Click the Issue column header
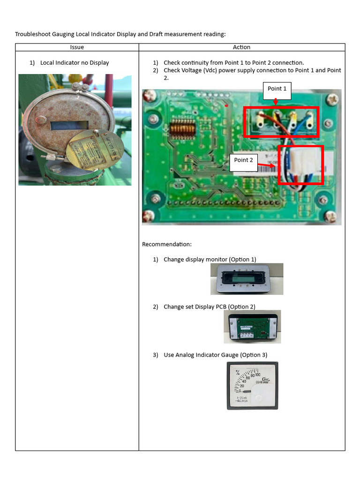(x=77, y=47)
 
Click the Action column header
(x=241, y=47)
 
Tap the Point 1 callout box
(x=277, y=89)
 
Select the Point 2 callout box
(x=243, y=160)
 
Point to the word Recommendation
(x=166, y=244)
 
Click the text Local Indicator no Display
(x=75, y=63)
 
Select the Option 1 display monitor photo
(x=247, y=279)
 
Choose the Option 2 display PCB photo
(x=252, y=326)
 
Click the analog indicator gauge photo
(x=252, y=385)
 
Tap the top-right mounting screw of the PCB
(x=332, y=99)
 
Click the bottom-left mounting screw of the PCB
(x=149, y=216)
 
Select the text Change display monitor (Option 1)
(x=210, y=260)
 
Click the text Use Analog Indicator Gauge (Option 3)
(x=215, y=355)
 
